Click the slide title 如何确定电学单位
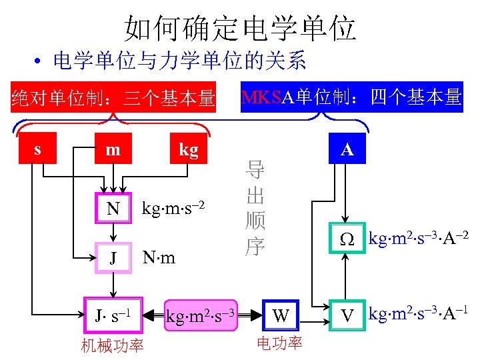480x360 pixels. point(240,29)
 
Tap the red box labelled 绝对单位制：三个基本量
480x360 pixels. point(113,99)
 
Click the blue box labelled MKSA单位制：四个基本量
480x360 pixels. point(351,97)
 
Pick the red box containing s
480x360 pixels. point(37,150)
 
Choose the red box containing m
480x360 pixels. point(113,150)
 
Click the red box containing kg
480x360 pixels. point(189,150)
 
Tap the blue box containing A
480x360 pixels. point(347,150)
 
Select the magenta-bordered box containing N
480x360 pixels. point(113,209)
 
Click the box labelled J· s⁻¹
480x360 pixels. point(113,314)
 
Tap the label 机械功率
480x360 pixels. point(112,345)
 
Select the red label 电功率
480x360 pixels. point(279,343)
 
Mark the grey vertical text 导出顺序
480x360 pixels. point(255,209)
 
